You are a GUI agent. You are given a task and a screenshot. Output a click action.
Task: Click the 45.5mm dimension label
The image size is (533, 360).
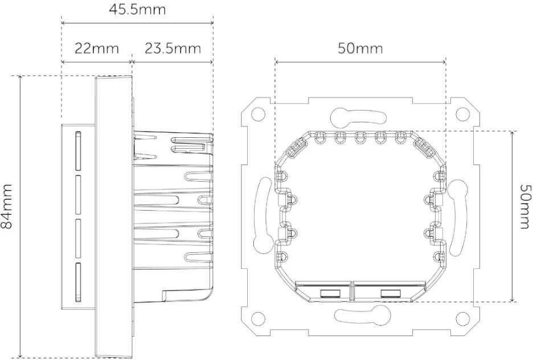(137, 9)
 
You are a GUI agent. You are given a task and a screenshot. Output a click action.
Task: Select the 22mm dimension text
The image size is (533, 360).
(97, 48)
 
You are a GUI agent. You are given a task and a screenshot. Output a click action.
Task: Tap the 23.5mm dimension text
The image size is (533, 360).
(173, 48)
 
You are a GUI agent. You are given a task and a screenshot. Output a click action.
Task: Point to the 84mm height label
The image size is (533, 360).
(6, 206)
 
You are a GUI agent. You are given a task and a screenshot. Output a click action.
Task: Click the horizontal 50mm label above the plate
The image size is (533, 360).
(360, 48)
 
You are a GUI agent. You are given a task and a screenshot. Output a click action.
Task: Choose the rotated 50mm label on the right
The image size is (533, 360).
(525, 207)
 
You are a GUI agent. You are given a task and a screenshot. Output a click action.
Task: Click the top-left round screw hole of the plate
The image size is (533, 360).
(259, 114)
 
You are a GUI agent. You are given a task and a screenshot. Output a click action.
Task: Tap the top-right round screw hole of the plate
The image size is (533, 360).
(462, 114)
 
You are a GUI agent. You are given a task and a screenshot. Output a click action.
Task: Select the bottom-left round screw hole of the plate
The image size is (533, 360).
(259, 318)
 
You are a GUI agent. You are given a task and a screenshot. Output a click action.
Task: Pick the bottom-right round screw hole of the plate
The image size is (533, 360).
(462, 318)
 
